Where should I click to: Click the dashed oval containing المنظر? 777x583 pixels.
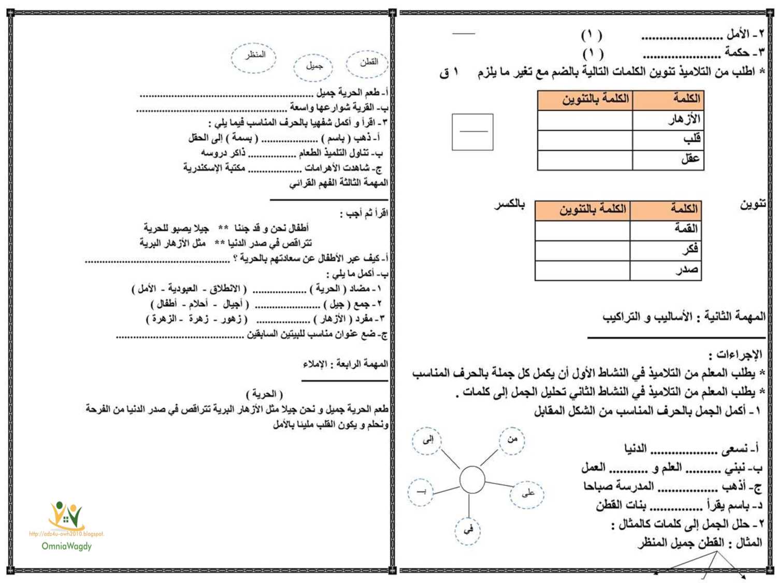point(254,58)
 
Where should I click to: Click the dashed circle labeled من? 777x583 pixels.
point(512,440)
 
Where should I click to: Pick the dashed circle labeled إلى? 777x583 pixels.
point(427,441)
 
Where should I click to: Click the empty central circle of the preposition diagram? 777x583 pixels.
point(472,479)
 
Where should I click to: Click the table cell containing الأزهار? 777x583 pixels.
point(667,120)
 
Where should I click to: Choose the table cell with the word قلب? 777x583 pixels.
point(667,140)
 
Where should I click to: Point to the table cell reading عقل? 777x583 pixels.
point(667,160)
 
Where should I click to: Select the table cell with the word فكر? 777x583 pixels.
point(666,250)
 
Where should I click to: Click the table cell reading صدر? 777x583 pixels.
point(666,270)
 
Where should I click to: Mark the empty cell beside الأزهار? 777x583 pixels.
point(585,120)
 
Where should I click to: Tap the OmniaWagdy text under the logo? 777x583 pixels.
point(66,546)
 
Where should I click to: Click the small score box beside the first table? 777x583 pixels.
point(472,132)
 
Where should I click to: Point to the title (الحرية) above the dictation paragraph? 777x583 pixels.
point(264,394)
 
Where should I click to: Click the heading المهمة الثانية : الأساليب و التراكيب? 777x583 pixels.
point(684,316)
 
